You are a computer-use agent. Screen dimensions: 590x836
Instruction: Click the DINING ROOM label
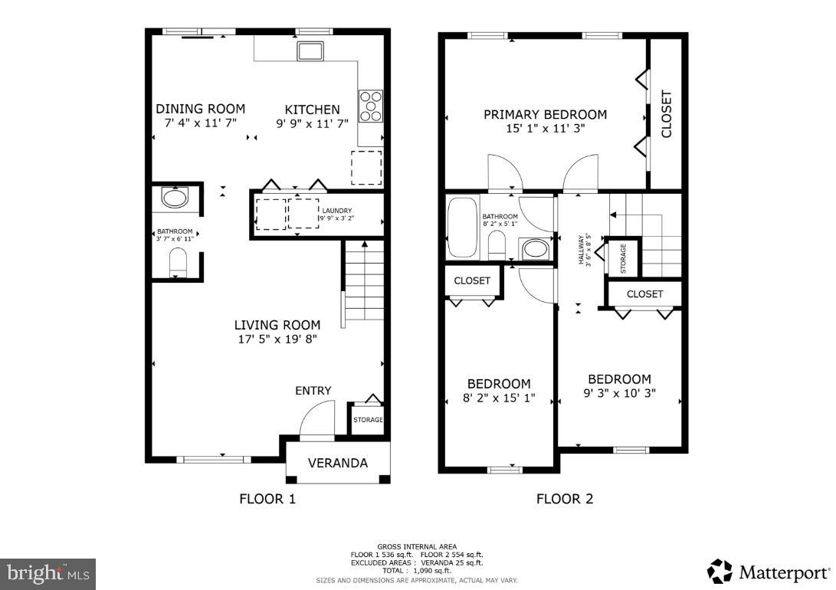[x=200, y=109]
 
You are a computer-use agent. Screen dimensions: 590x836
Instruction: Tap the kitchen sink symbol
[x=310, y=51]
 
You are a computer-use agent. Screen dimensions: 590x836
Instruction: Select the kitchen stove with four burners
[x=371, y=107]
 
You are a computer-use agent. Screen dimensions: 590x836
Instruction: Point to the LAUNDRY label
[x=337, y=211]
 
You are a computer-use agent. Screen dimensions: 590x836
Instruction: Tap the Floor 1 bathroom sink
[x=175, y=199]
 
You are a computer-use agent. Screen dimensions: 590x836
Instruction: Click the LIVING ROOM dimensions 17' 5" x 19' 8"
[x=277, y=338]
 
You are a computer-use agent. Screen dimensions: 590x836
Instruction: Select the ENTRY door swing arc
[x=316, y=419]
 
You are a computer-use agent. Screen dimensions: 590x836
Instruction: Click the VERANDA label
[x=337, y=463]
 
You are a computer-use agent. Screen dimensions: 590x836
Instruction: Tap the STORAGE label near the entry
[x=367, y=420]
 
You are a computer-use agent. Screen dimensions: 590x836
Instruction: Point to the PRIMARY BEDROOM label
[x=545, y=115]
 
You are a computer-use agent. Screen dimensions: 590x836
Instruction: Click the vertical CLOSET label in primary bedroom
[x=666, y=113]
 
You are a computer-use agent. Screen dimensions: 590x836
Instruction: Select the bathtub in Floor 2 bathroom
[x=461, y=228]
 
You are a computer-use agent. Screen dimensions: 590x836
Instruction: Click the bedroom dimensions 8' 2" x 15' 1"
[x=499, y=398]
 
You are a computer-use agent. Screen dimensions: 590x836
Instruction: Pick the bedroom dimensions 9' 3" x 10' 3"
[x=619, y=393]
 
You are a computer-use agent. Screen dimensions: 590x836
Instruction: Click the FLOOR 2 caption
[x=564, y=500]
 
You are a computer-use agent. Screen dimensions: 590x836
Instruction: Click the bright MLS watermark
[x=48, y=572]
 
